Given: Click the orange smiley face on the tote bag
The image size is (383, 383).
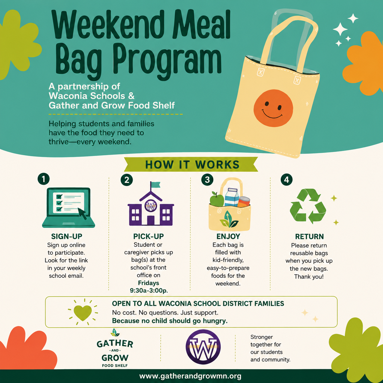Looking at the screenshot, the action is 273,108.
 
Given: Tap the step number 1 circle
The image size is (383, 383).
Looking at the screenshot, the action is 44,179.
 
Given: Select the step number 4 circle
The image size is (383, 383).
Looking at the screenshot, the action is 286,180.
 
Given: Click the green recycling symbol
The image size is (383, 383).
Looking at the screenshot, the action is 308,206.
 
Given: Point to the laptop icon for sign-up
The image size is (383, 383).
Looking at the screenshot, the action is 69,207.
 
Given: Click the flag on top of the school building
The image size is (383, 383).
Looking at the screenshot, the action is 155,185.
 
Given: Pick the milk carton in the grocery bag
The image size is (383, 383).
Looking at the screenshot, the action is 232,197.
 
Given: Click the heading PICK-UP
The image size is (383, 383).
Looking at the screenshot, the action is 148,236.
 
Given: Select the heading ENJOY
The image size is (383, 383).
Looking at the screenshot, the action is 228,236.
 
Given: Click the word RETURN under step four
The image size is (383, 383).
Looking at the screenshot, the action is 309,236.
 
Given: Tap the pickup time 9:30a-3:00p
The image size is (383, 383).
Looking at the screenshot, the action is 149,290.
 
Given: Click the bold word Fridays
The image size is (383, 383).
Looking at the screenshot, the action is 148,283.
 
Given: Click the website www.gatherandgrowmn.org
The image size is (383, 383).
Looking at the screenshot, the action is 190,376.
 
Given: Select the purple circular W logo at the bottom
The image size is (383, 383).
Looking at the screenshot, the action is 203,347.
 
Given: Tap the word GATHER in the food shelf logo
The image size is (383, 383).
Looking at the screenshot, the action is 115,344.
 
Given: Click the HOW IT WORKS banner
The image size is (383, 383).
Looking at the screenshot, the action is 191,164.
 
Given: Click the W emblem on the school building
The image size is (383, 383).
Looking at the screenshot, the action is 151,206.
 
